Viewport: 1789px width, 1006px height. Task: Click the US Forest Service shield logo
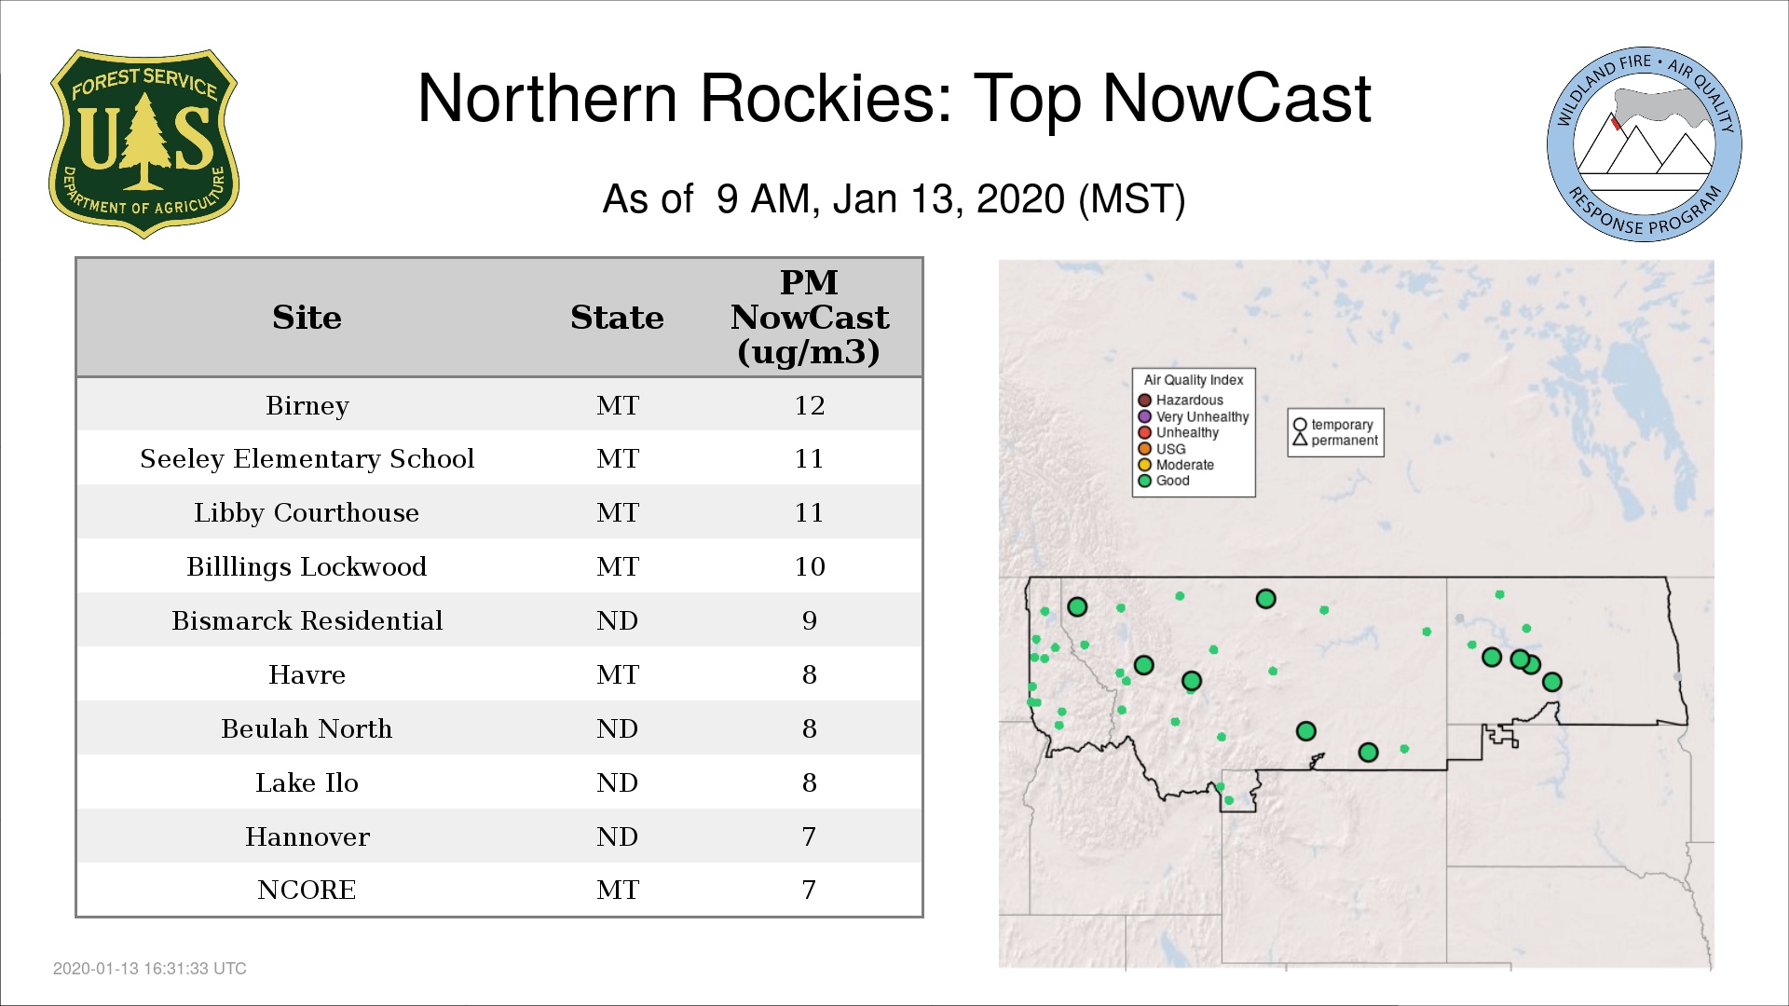click(x=143, y=144)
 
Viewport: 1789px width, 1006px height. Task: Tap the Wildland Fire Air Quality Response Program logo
click(x=1645, y=144)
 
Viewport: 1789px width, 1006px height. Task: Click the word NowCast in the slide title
click(x=1236, y=99)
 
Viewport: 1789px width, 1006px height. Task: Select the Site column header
click(x=307, y=318)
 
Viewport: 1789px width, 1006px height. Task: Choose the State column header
click(x=617, y=318)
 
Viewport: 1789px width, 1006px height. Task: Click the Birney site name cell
click(x=307, y=406)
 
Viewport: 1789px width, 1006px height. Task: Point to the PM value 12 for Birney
click(x=809, y=405)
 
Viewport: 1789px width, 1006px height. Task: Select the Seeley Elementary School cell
click(x=307, y=459)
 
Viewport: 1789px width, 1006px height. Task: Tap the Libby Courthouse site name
click(x=307, y=513)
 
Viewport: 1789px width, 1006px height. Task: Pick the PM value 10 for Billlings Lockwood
click(x=809, y=566)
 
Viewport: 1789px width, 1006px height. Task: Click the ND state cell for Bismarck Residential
click(x=617, y=620)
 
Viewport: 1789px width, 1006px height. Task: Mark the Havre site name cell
click(x=307, y=674)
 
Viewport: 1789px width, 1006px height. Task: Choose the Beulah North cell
click(x=307, y=728)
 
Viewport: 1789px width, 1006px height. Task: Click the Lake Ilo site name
click(x=307, y=782)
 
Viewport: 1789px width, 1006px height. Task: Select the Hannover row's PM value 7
click(x=809, y=836)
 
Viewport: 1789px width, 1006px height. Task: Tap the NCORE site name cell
click(x=307, y=890)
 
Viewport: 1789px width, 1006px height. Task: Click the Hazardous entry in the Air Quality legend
click(x=1181, y=401)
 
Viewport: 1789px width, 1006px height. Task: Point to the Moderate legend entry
click(x=1176, y=465)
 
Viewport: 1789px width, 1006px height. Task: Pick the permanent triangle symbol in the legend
click(x=1300, y=440)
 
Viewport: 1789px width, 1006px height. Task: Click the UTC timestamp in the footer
click(x=150, y=969)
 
